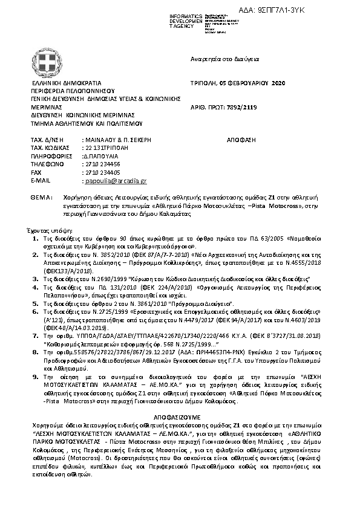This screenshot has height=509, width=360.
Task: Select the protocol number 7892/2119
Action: point(242,105)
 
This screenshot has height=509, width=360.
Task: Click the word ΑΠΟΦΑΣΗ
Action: point(241,139)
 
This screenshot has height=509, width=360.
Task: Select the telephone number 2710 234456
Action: point(102,164)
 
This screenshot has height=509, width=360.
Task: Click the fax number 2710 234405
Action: point(102,172)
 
